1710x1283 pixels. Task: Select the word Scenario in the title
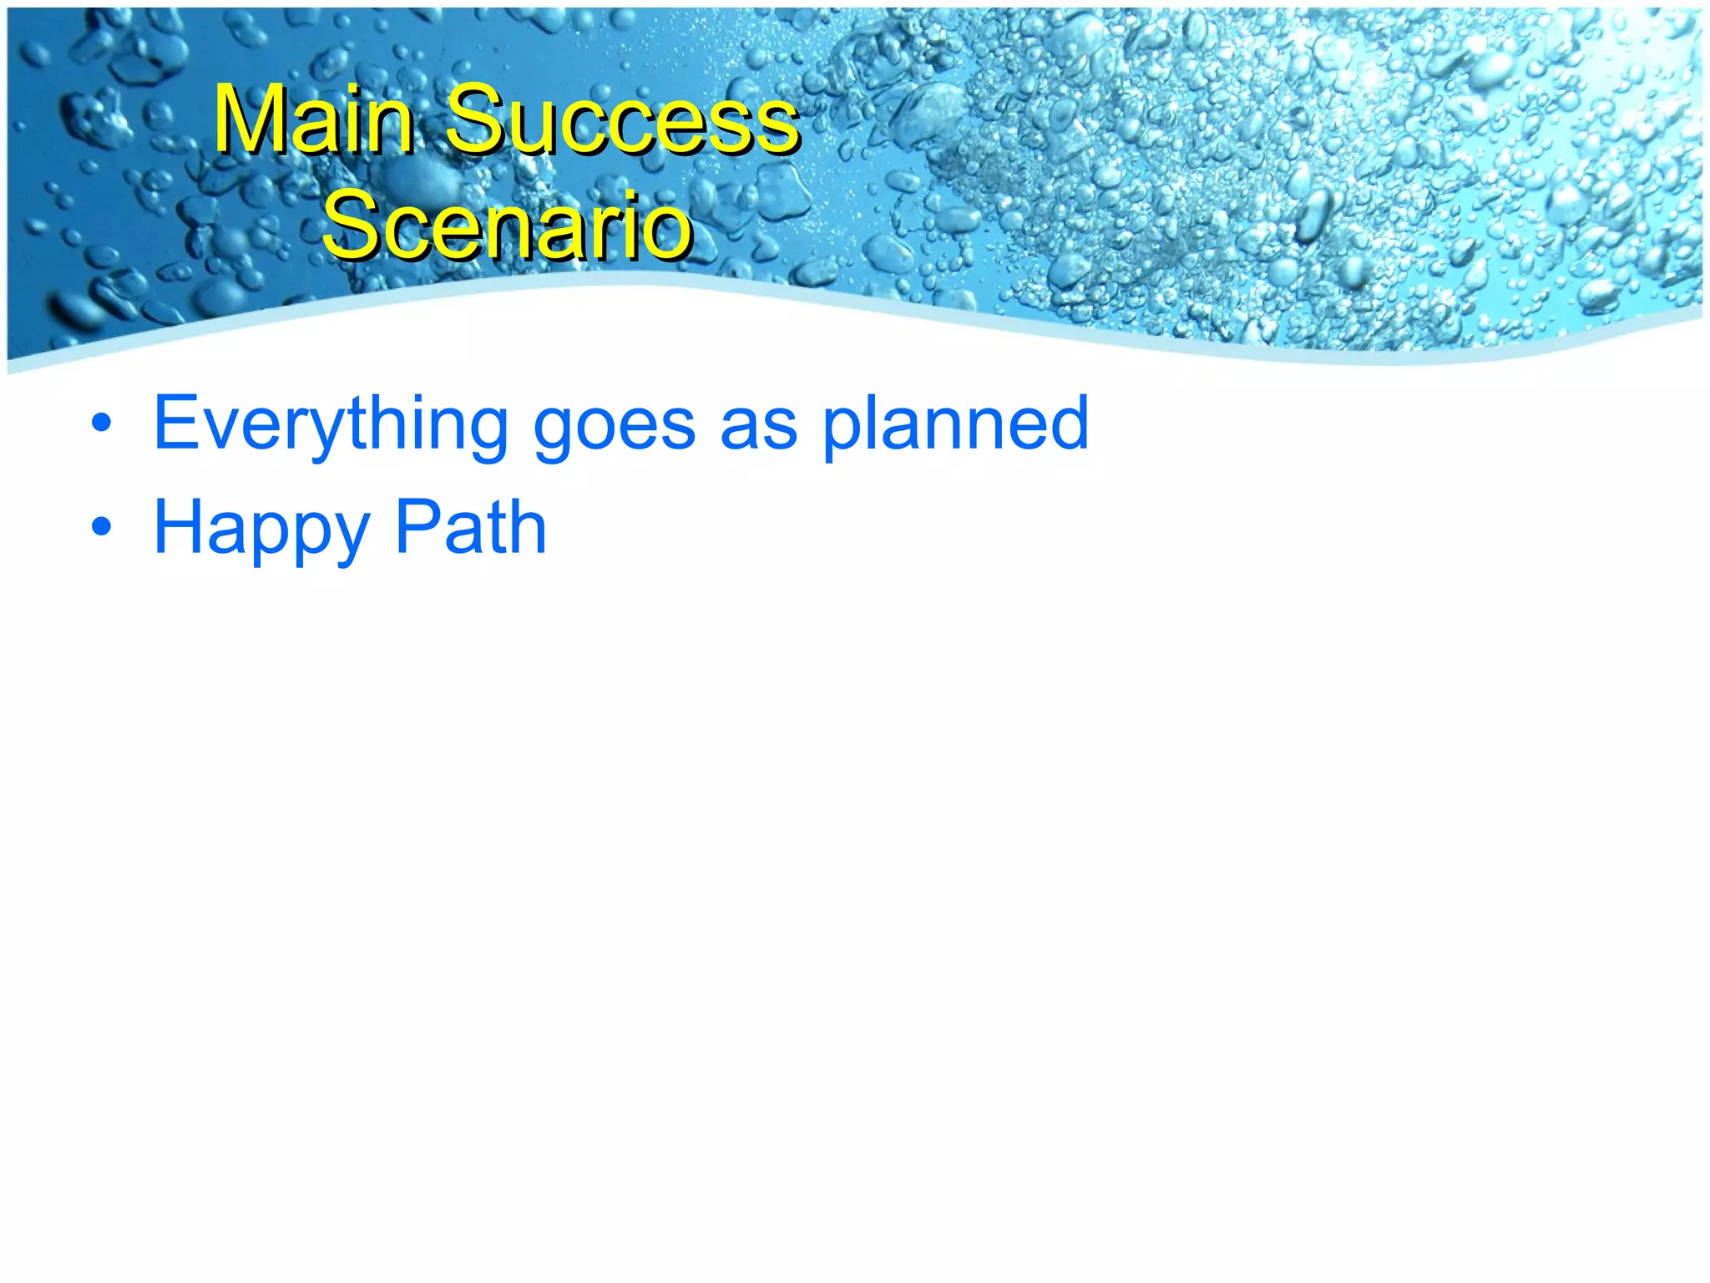(507, 226)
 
